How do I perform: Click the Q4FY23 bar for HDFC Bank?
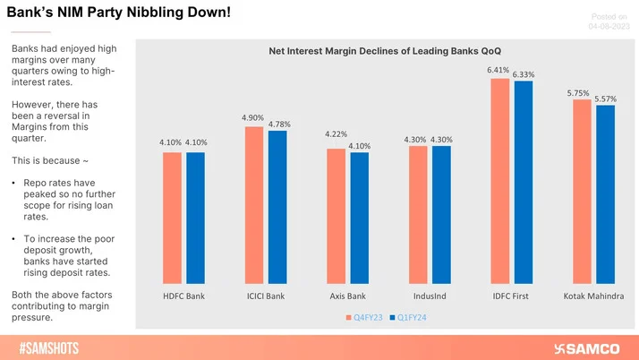[172, 218]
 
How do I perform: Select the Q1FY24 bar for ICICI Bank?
[277, 207]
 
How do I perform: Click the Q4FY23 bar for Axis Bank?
[336, 216]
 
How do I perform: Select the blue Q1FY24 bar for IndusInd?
[441, 214]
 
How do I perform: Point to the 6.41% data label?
[499, 69]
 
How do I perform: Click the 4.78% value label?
[279, 124]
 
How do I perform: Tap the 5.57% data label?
[606, 98]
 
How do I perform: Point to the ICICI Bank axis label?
[266, 296]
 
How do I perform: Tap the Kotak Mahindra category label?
[593, 296]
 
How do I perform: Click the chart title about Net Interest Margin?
[386, 52]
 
